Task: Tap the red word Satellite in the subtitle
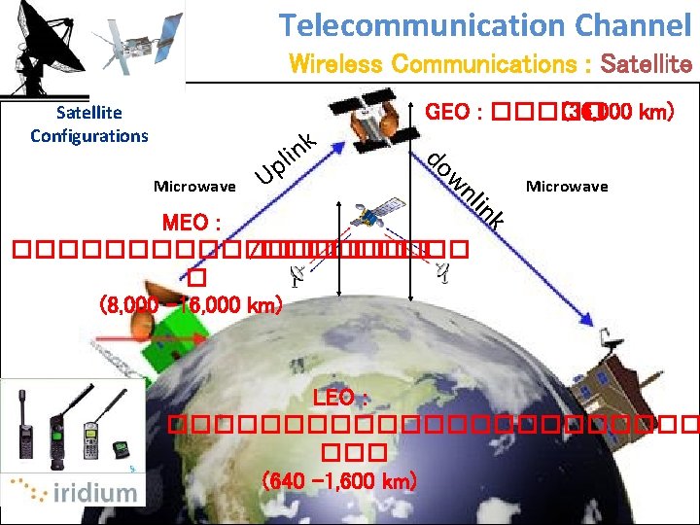[647, 65]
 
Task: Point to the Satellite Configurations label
[88, 124]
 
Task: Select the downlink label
[468, 191]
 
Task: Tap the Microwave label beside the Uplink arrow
[194, 185]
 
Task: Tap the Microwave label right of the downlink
[567, 185]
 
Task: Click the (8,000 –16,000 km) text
[191, 304]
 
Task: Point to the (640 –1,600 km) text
[339, 480]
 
